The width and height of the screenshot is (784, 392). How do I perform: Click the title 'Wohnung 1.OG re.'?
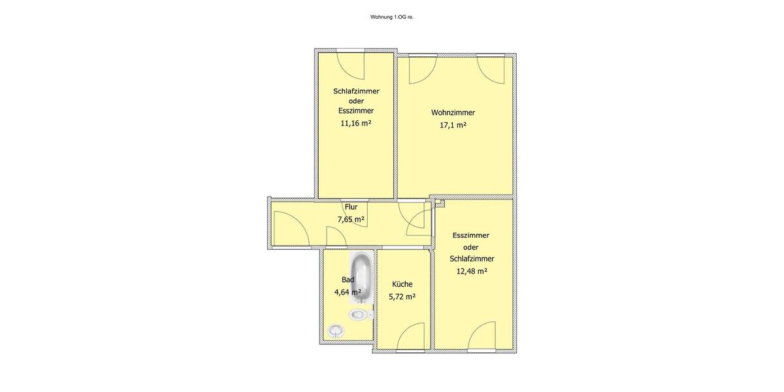(392, 17)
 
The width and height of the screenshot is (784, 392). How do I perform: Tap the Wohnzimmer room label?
(453, 112)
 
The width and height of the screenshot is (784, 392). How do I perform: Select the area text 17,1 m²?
(453, 125)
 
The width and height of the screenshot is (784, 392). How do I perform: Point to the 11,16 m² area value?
(355, 123)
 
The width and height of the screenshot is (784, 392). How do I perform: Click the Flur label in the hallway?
(351, 207)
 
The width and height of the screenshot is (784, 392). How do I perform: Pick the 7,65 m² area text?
(351, 220)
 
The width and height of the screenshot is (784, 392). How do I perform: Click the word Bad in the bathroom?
(348, 280)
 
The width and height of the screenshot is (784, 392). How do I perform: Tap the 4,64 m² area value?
(348, 292)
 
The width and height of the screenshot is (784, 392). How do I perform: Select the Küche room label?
(402, 284)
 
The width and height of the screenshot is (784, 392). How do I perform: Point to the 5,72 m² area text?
(402, 297)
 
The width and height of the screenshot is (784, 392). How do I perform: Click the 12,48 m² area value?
(472, 271)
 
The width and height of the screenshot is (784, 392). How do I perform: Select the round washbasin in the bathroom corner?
(336, 331)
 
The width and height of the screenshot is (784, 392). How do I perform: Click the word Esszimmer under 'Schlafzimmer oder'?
(356, 110)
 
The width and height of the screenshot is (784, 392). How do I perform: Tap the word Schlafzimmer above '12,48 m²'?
(472, 259)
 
